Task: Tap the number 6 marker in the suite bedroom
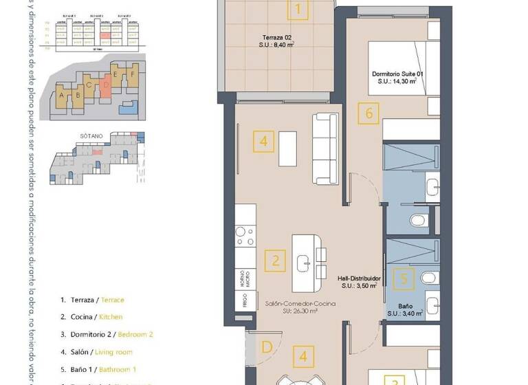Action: pyautogui.click(x=369, y=113)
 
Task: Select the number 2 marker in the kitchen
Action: pyautogui.click(x=276, y=261)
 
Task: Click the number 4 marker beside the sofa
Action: pyautogui.click(x=264, y=142)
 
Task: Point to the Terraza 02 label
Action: pyautogui.click(x=277, y=38)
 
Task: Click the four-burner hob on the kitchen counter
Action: pyautogui.click(x=245, y=236)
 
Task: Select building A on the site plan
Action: pyautogui.click(x=63, y=96)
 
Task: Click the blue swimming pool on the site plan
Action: pyautogui.click(x=128, y=106)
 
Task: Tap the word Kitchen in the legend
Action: pyautogui.click(x=112, y=317)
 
